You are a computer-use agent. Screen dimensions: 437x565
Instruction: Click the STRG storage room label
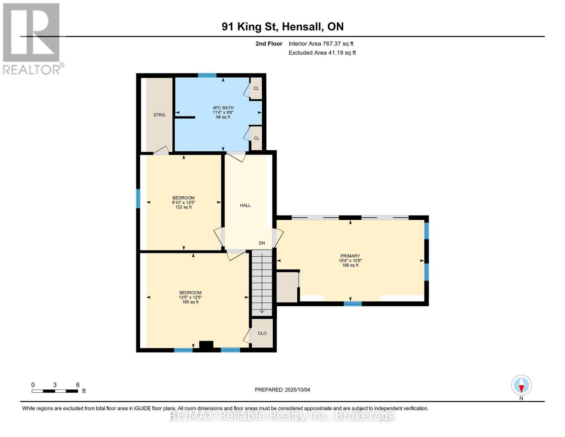point(159,115)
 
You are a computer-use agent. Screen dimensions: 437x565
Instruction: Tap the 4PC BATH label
point(223,108)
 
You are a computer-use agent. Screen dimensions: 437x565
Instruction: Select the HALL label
point(245,205)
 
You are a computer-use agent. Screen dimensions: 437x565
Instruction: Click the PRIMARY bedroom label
point(350,256)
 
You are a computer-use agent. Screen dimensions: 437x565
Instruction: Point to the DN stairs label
point(262,243)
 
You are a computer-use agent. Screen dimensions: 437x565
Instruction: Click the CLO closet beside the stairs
point(262,333)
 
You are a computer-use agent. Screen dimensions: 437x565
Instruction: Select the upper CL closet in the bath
point(256,88)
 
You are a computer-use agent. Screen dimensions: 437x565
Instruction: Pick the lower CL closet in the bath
point(256,138)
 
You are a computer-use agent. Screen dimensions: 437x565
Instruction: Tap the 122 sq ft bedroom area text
point(183,207)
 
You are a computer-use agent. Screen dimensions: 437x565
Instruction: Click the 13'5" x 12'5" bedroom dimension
point(190,298)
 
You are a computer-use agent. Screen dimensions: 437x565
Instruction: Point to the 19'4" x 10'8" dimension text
point(350,261)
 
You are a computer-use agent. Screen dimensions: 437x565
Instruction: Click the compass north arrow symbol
point(521,385)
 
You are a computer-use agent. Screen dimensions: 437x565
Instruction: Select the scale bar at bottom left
point(55,391)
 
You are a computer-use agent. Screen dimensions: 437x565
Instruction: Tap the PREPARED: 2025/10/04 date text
point(282,390)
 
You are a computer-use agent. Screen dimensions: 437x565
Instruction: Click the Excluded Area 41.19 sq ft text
point(322,53)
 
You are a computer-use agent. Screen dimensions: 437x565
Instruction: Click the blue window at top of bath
point(207,75)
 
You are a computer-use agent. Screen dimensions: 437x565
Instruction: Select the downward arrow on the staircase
point(262,311)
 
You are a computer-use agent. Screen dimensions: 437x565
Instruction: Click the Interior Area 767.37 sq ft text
point(321,44)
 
